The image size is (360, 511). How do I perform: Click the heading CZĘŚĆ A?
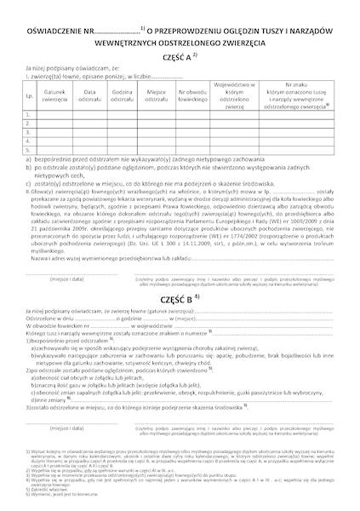click(178, 51)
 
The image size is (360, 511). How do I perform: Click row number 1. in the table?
click(29, 114)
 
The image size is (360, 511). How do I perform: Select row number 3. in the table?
click(29, 132)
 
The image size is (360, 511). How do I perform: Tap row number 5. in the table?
click(29, 149)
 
